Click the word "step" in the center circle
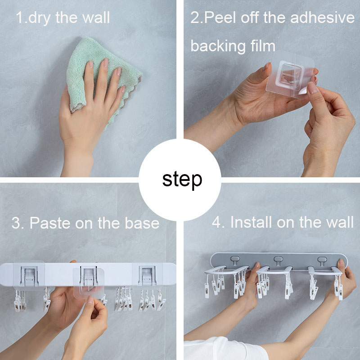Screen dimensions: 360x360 182,180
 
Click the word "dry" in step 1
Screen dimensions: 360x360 39,18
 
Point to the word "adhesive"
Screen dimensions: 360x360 322,18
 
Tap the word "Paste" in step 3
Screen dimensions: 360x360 50,223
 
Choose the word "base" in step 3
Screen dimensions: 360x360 142,223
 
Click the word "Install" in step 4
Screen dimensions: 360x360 251,222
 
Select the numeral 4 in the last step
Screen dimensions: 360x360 216,222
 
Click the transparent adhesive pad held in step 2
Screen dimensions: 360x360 290,75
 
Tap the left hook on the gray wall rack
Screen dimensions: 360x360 235,261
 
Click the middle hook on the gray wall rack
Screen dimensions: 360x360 278,261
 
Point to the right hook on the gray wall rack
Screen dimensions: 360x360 322,261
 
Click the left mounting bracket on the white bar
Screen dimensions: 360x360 29,276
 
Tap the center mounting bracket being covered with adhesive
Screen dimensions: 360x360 89,277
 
